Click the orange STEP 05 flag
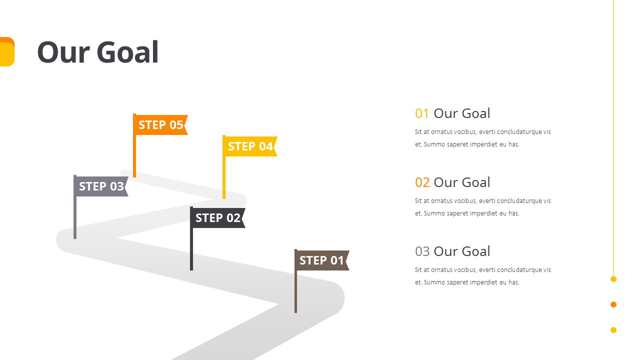(x=160, y=125)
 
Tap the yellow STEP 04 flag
(x=250, y=146)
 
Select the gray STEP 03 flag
(x=101, y=186)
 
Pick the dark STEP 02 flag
(x=217, y=218)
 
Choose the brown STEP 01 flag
(x=321, y=260)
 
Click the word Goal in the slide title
(x=127, y=52)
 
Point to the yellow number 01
(x=422, y=113)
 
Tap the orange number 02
(x=422, y=182)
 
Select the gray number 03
(x=422, y=251)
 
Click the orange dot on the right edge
(x=613, y=304)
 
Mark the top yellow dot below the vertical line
(x=613, y=279)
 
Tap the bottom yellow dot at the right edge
(x=613, y=330)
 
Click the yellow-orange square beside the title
(x=6, y=52)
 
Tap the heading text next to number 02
(x=461, y=182)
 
